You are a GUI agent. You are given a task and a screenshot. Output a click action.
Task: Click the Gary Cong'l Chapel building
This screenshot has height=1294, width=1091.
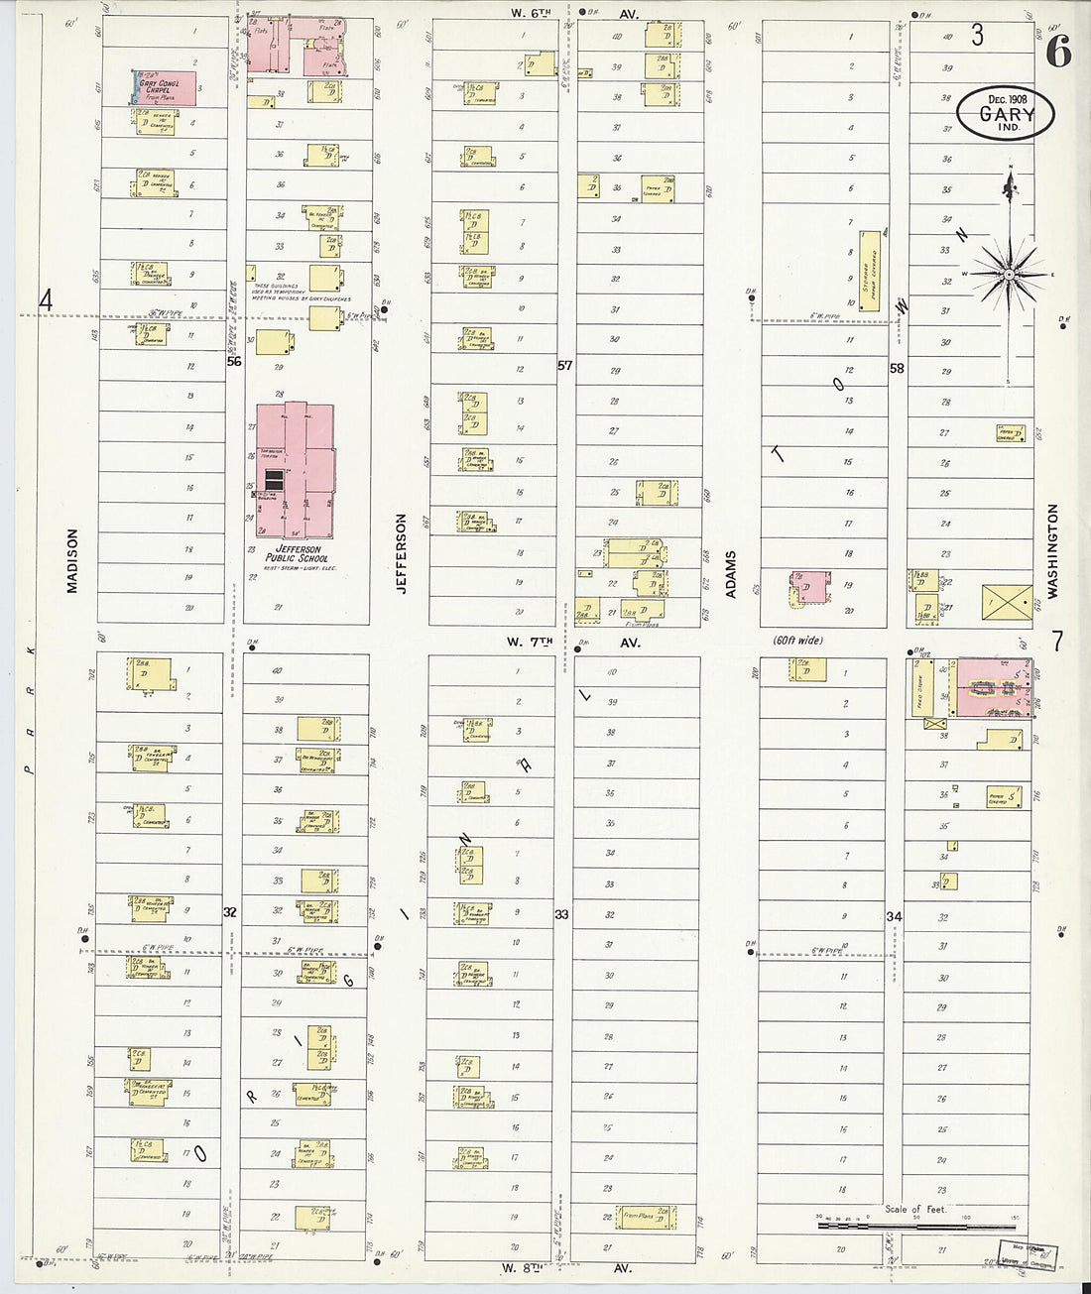(x=165, y=87)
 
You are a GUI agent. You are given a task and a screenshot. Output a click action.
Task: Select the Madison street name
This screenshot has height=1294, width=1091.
(x=71, y=560)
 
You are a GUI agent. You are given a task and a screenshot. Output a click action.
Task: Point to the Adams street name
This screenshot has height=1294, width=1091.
(x=731, y=574)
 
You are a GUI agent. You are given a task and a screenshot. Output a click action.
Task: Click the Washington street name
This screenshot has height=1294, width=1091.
(x=1052, y=550)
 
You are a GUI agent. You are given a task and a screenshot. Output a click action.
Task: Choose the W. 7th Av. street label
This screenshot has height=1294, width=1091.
(x=576, y=642)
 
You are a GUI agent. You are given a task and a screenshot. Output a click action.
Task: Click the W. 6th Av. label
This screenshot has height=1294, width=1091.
(x=575, y=14)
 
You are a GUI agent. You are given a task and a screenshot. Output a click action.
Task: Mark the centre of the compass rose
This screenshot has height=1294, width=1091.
(x=1008, y=273)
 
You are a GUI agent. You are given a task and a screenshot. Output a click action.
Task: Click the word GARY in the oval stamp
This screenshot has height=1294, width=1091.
(x=1007, y=114)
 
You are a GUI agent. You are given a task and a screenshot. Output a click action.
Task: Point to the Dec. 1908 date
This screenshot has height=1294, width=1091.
(x=1007, y=98)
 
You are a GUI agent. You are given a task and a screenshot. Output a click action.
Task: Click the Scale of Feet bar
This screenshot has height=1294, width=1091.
(x=918, y=1227)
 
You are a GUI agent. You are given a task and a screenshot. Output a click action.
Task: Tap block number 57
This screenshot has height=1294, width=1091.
(x=564, y=366)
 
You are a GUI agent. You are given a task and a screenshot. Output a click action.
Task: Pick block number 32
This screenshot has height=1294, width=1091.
(x=230, y=911)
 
